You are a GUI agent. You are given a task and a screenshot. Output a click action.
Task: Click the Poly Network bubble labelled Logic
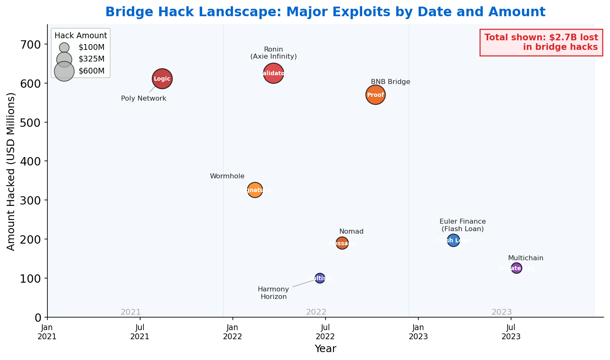pyautogui.click(x=162, y=79)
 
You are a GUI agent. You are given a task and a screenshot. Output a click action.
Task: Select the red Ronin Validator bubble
pyautogui.click(x=273, y=74)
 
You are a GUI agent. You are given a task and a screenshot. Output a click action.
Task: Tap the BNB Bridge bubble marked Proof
pyautogui.click(x=375, y=95)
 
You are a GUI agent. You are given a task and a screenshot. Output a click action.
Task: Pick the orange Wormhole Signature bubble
pyautogui.click(x=255, y=190)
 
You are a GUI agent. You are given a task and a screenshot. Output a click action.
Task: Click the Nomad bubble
pyautogui.click(x=342, y=243)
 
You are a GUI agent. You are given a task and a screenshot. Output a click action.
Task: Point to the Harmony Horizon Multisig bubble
pyautogui.click(x=320, y=278)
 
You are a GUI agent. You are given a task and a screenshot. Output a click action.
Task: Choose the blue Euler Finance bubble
pyautogui.click(x=453, y=240)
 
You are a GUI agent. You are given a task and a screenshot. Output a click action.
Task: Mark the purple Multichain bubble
pyautogui.click(x=516, y=268)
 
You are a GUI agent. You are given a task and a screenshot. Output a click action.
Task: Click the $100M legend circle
pyautogui.click(x=64, y=47)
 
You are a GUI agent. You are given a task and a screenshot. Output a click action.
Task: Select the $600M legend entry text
pyautogui.click(x=91, y=71)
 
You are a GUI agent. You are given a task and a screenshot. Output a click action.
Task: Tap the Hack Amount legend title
pyautogui.click(x=81, y=36)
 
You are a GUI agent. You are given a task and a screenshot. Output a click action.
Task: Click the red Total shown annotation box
pyautogui.click(x=541, y=42)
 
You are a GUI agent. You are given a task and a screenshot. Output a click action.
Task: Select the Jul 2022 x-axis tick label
pyautogui.click(x=325, y=332)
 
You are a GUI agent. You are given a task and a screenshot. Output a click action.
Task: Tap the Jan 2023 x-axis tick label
pyautogui.click(x=418, y=332)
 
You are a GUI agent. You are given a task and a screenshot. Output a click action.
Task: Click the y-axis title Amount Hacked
pyautogui.click(x=11, y=171)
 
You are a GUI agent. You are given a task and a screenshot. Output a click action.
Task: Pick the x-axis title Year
pyautogui.click(x=325, y=349)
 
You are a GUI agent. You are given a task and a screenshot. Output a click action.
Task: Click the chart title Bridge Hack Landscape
pyautogui.click(x=325, y=12)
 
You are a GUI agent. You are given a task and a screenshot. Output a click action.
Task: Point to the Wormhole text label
pyautogui.click(x=227, y=176)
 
